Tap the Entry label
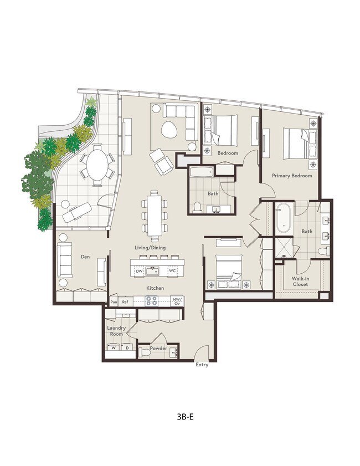[202, 365]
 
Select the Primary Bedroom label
[291, 176]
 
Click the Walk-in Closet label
[300, 281]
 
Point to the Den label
[85, 257]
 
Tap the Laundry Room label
[116, 331]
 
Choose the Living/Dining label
[150, 248]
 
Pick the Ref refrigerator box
[125, 302]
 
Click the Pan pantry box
[114, 302]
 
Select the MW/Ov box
[177, 301]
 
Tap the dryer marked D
[127, 348]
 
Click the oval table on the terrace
[97, 163]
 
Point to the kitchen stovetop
[151, 301]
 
